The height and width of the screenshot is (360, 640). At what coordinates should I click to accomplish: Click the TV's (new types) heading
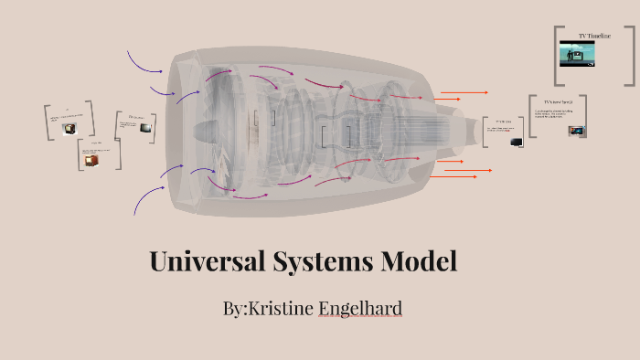(x=557, y=101)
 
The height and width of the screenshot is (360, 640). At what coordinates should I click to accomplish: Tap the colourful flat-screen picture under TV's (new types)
(x=575, y=131)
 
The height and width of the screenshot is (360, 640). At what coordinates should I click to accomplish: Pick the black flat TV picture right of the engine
(x=517, y=143)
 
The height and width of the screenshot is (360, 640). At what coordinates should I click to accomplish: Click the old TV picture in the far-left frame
(x=69, y=129)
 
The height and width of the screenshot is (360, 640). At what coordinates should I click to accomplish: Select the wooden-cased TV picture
(x=91, y=160)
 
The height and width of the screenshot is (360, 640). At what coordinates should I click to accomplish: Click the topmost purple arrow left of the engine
(x=144, y=62)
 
